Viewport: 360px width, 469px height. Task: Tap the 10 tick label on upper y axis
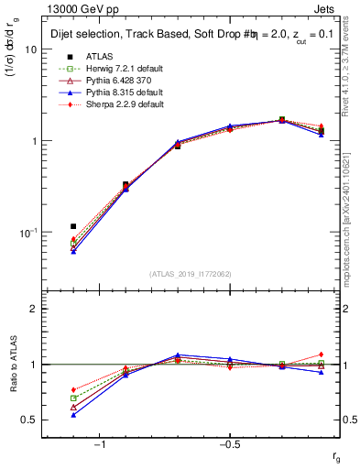tap(30, 50)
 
